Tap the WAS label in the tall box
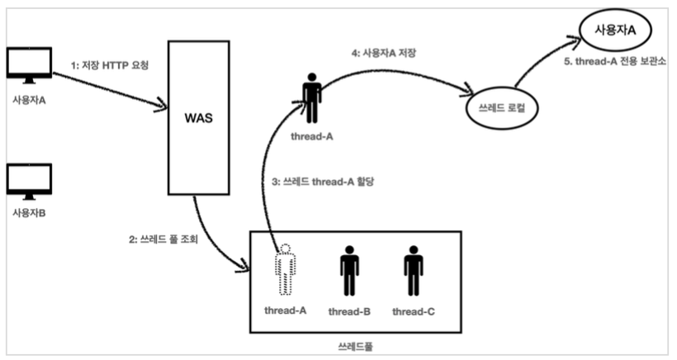pyautogui.click(x=198, y=118)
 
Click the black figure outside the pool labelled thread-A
pyautogui.click(x=311, y=97)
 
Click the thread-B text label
pyautogui.click(x=349, y=310)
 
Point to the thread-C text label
pyautogui.click(x=413, y=310)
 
